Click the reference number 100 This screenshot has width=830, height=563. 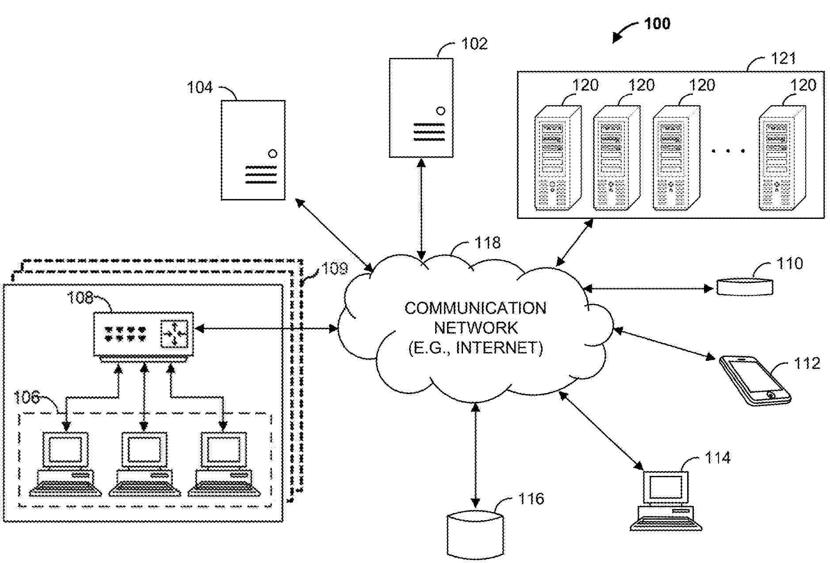click(657, 23)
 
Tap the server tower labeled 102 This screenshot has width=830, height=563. click(421, 108)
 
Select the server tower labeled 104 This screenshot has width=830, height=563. click(253, 150)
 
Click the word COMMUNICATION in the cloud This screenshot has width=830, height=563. click(475, 308)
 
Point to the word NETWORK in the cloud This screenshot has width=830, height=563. click(475, 328)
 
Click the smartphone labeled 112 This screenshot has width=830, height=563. click(754, 380)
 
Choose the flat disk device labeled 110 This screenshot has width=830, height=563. click(745, 287)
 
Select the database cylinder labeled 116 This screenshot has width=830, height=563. click(475, 534)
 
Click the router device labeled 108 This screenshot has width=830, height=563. click(143, 334)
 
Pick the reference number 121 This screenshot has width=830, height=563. click(783, 58)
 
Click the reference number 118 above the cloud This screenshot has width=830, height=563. click(487, 243)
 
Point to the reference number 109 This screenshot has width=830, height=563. click(335, 268)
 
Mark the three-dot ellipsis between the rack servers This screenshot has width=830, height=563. click(728, 151)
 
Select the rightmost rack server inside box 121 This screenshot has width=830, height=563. click(781, 158)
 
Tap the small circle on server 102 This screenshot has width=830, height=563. click(440, 111)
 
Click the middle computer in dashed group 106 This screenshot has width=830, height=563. click(144, 464)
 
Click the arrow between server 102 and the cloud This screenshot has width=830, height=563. click(421, 209)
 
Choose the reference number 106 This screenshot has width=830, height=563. click(27, 397)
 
